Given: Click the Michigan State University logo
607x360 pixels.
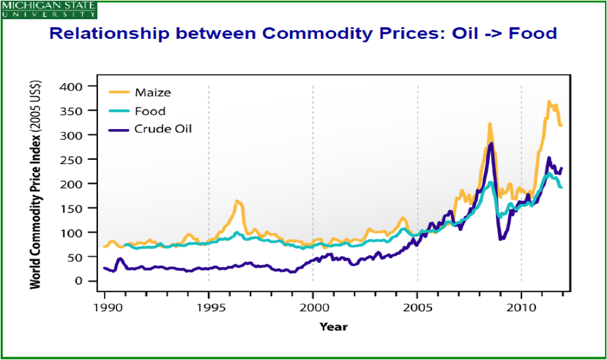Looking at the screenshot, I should (49, 9).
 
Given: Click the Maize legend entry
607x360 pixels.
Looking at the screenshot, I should (152, 93).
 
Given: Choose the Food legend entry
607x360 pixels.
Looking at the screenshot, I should (149, 111).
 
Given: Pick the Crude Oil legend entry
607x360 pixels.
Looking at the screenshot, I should (162, 129).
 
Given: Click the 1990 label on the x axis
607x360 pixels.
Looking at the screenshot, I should (105, 307).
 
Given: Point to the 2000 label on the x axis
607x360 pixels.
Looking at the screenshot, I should (313, 307).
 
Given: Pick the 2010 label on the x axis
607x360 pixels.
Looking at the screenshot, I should (522, 307).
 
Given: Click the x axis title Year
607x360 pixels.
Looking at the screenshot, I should (333, 326).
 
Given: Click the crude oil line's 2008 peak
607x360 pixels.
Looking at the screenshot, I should (491, 143).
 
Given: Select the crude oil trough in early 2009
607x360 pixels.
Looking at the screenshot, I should (501, 238).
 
